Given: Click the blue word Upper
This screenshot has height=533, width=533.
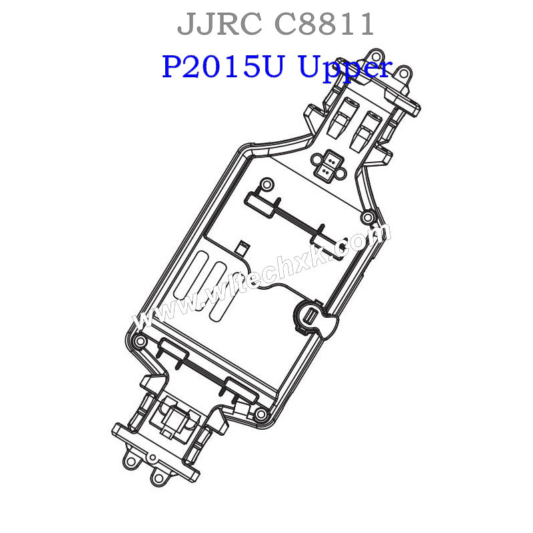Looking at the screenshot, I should (x=344, y=69).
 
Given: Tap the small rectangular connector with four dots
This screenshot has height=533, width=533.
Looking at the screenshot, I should (x=326, y=165).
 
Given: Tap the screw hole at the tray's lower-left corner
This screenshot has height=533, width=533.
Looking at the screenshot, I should (x=139, y=342).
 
